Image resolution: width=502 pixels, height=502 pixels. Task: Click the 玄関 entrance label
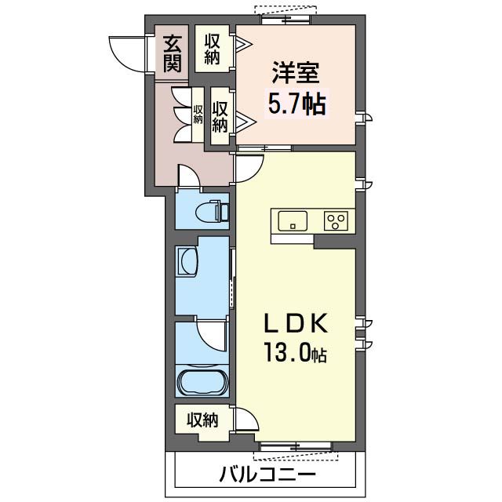[173, 53]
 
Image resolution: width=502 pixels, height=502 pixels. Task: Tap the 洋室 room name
[296, 72]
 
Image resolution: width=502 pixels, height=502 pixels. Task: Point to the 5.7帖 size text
[296, 103]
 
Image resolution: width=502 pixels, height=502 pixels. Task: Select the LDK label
[296, 323]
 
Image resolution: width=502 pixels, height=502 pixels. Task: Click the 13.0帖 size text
[295, 352]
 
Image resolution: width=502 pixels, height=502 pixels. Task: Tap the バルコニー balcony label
[267, 473]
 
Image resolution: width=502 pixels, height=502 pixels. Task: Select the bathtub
[202, 382]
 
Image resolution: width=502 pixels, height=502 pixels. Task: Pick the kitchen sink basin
[293, 220]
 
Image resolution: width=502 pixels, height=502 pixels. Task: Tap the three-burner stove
[336, 220]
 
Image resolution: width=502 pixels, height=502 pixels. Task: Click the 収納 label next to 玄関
[212, 49]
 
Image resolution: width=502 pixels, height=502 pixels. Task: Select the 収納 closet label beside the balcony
[202, 420]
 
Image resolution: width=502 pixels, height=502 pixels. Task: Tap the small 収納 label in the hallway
[198, 114]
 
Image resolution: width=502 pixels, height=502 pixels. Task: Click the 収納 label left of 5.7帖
[220, 117]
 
